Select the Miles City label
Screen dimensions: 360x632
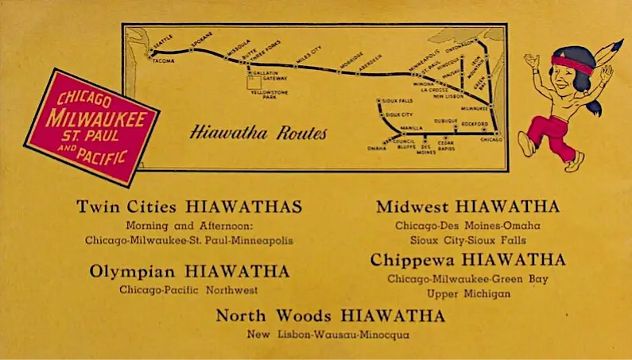[x=309, y=54]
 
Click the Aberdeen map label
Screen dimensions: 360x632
[x=369, y=60]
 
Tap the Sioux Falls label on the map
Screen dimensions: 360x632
[x=396, y=101]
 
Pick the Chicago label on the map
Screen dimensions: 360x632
[x=492, y=140]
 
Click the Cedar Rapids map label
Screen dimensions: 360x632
[x=448, y=145]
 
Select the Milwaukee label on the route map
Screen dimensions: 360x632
[x=474, y=106]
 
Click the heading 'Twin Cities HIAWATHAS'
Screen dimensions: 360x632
[x=189, y=207]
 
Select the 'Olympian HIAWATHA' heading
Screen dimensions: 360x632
[x=189, y=272]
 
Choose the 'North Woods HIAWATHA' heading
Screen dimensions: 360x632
[x=330, y=316]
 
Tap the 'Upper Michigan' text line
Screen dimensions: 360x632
[x=469, y=293]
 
